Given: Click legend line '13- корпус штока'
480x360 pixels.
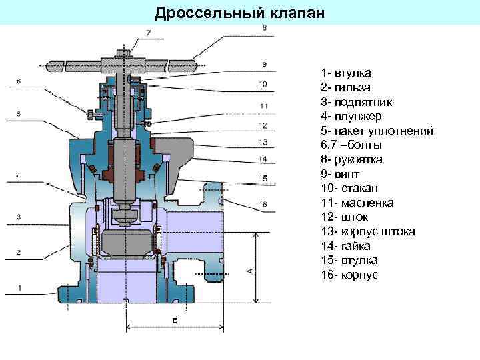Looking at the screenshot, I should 367,231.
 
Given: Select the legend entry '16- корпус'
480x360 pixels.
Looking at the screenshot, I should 349,275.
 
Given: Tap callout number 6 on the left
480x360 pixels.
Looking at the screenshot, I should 18,81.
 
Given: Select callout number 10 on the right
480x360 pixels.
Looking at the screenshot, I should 263,85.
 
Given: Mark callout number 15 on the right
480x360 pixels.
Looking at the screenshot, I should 263,178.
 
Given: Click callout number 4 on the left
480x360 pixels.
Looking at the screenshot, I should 18,175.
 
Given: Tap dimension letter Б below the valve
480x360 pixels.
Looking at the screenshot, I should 175,320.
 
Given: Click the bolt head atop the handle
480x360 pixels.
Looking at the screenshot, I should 124,53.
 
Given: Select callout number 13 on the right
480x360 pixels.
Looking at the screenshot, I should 263,142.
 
